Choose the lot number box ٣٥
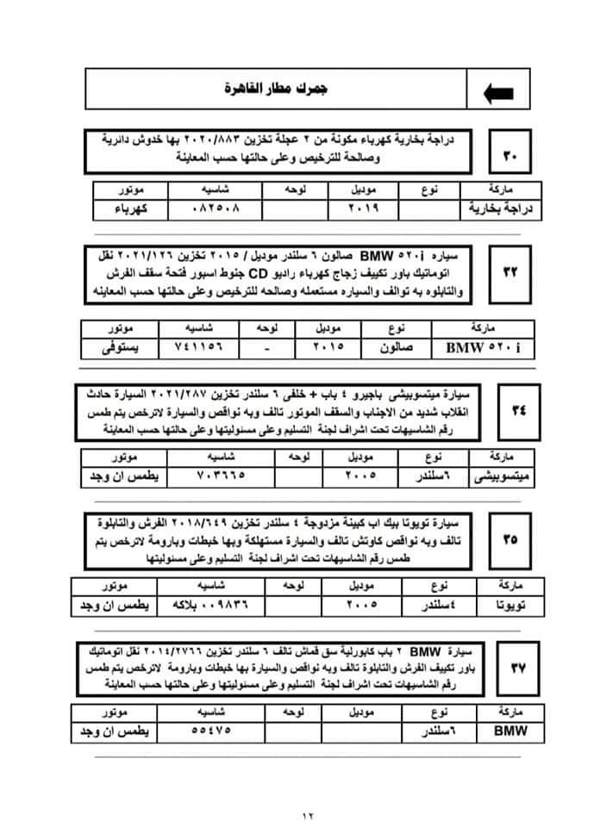point(510,539)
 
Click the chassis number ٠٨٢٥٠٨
point(212,208)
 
